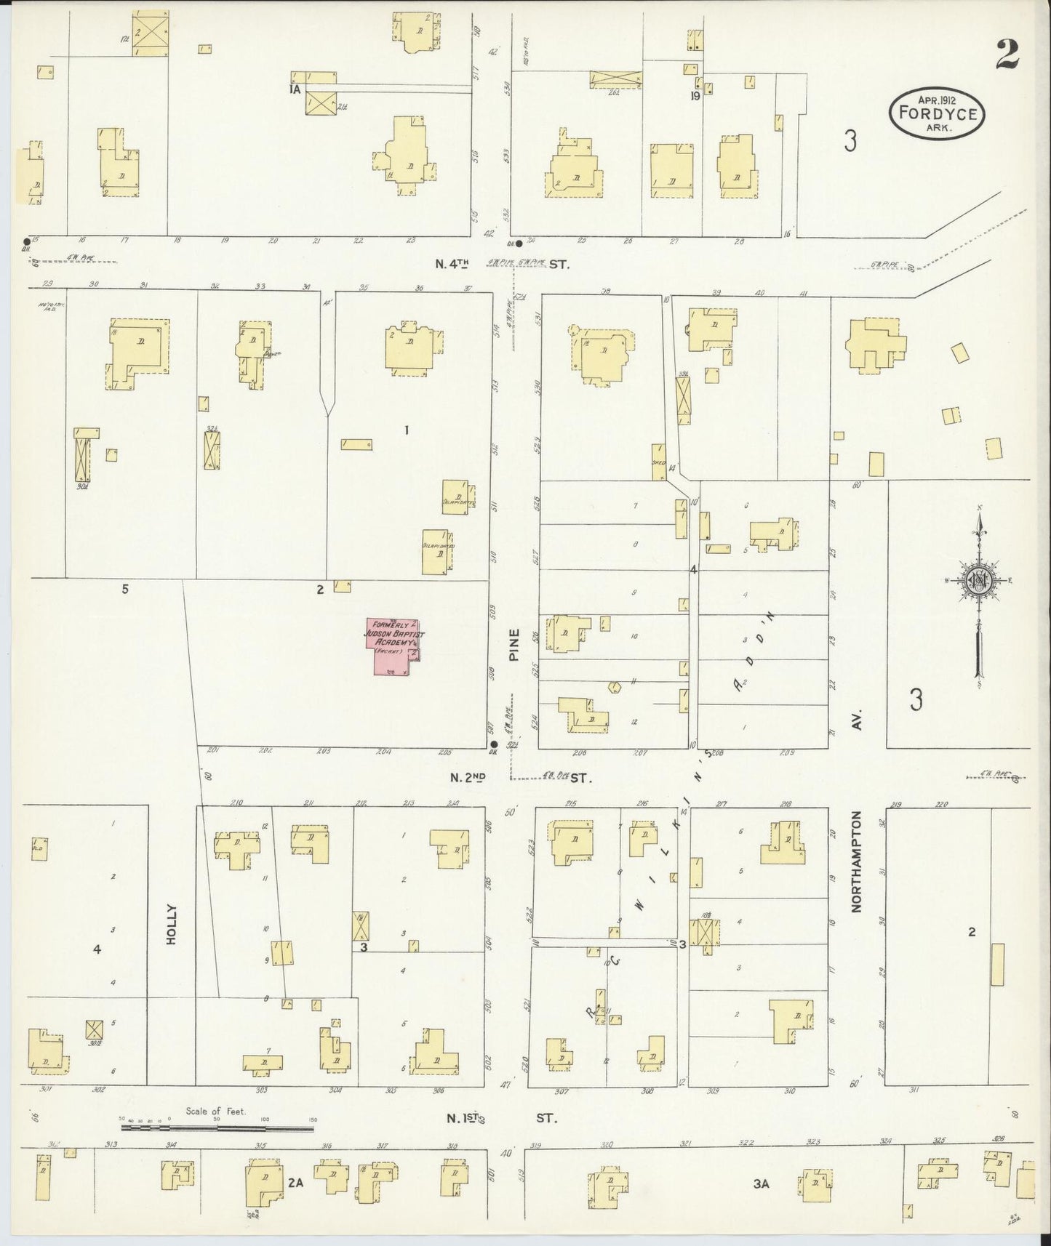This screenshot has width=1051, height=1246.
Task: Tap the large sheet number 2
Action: (x=1007, y=54)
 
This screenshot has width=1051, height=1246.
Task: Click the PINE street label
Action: (x=514, y=646)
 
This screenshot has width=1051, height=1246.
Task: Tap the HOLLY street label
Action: (x=172, y=924)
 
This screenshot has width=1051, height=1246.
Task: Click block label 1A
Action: (x=295, y=90)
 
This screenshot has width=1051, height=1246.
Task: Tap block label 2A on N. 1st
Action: (x=295, y=1183)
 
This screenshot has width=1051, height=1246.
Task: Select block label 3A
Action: (x=762, y=1184)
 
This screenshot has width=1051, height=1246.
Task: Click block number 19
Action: (x=695, y=95)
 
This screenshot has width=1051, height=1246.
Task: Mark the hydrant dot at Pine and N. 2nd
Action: (x=494, y=744)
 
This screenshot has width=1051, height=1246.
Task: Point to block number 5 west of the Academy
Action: (x=125, y=589)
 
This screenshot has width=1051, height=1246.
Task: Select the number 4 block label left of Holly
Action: (x=96, y=949)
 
